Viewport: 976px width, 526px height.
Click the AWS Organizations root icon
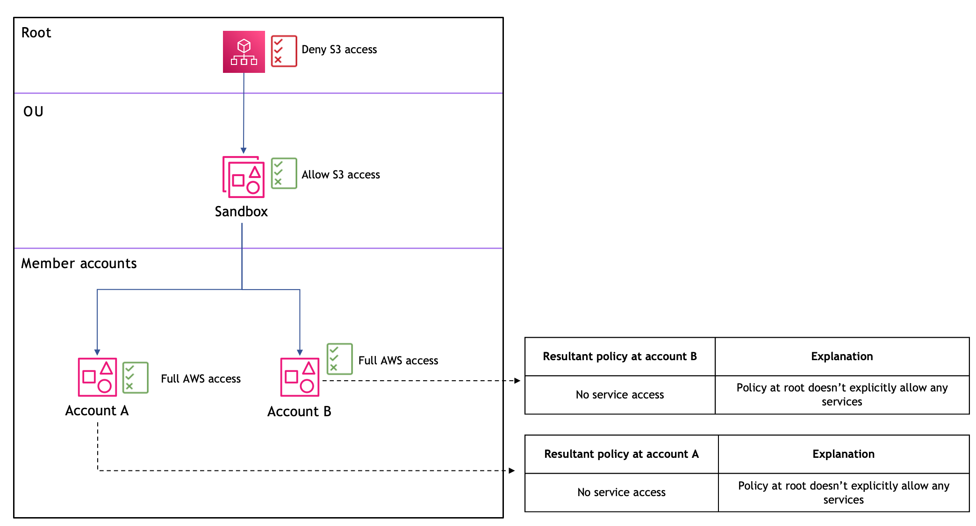(x=244, y=52)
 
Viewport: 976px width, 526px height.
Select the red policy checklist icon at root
(x=284, y=51)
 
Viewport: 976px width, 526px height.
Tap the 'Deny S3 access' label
(x=339, y=50)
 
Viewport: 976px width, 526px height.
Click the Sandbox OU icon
(x=244, y=177)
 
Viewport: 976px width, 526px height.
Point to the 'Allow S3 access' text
(x=340, y=175)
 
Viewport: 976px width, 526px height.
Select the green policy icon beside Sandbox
(x=284, y=173)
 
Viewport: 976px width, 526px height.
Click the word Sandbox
(x=241, y=212)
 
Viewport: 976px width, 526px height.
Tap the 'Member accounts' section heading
(x=79, y=263)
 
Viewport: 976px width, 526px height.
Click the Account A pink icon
(x=97, y=377)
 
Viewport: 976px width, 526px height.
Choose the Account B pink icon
(x=300, y=377)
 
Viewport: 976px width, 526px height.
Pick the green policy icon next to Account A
(x=135, y=377)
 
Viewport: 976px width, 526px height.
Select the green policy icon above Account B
(x=339, y=359)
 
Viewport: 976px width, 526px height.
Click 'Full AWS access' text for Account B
(x=398, y=361)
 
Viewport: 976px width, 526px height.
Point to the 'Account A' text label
(x=97, y=411)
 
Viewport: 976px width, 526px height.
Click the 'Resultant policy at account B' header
(x=619, y=356)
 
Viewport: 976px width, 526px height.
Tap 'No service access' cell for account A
(x=621, y=492)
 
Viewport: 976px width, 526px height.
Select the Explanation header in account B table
(x=841, y=356)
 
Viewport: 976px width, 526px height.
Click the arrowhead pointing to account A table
(x=512, y=470)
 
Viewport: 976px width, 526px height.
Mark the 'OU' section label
(x=33, y=112)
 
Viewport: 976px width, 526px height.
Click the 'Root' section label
(x=36, y=33)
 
